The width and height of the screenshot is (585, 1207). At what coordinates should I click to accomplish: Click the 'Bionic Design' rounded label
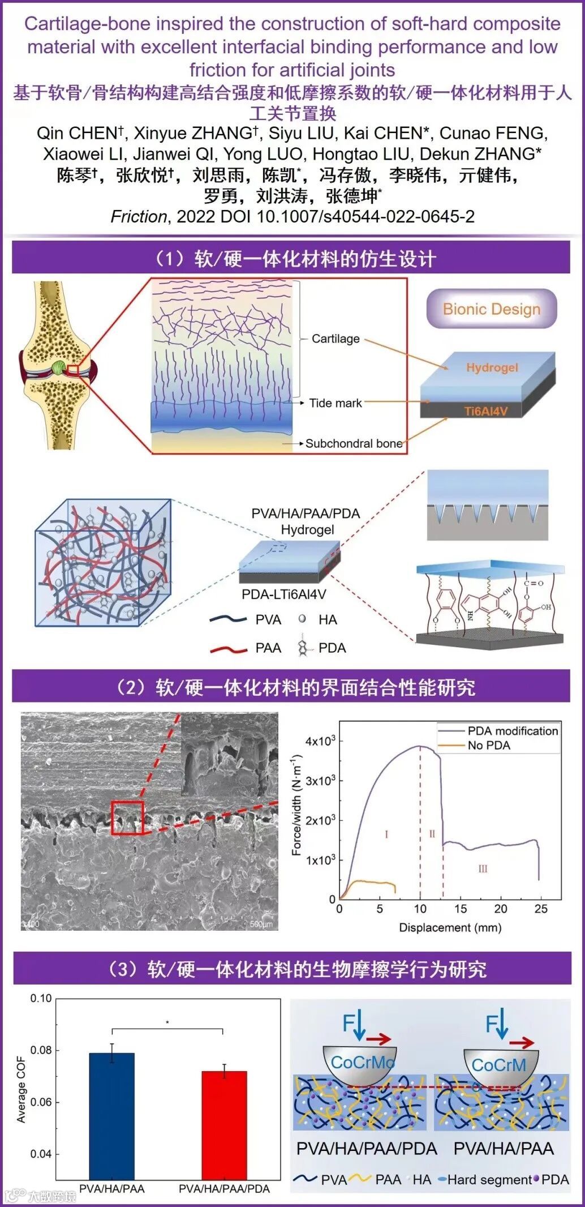[491, 309]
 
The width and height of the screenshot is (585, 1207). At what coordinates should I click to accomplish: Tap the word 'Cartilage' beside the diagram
[335, 339]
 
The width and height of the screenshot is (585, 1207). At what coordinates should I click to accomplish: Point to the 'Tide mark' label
[335, 403]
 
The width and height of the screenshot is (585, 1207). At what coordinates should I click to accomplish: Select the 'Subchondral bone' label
[354, 443]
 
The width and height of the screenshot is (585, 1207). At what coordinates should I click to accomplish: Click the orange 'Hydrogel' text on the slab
[492, 367]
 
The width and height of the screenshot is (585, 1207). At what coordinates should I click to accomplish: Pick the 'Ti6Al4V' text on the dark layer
[485, 411]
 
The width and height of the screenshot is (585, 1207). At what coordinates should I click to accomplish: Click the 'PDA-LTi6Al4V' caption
[283, 594]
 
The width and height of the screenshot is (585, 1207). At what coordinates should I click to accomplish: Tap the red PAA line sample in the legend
[229, 649]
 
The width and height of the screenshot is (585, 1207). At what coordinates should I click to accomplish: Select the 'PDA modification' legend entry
[512, 731]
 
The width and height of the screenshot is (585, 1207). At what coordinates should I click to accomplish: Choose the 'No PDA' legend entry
[488, 745]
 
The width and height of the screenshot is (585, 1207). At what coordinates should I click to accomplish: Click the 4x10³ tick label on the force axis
[320, 741]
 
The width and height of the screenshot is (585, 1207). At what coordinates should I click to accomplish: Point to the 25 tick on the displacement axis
[541, 909]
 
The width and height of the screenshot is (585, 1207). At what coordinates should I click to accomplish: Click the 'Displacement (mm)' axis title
[450, 927]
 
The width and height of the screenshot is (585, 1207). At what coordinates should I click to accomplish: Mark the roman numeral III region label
[483, 868]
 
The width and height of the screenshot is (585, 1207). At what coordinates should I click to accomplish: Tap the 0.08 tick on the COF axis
[41, 1050]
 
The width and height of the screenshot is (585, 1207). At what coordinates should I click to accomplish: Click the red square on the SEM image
[127, 818]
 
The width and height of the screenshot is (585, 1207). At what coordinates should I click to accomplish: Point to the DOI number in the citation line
[365, 216]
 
